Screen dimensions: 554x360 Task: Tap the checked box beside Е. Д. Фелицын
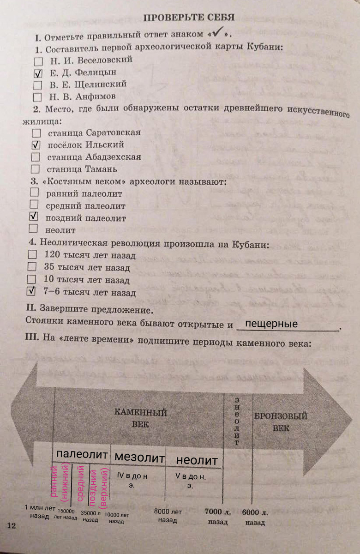tap(38, 73)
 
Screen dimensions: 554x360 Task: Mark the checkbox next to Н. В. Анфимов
tap(38, 97)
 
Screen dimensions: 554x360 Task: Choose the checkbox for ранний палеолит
tap(34, 193)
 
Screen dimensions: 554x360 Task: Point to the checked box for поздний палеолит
tap(33, 217)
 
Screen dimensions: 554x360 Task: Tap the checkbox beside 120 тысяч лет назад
tap(32, 254)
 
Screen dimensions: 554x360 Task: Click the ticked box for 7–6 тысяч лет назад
tap(31, 291)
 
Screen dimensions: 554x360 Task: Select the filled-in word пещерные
tap(271, 324)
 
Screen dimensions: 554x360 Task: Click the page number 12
tap(12, 525)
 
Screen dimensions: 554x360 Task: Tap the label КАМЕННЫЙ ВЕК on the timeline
tap(140, 418)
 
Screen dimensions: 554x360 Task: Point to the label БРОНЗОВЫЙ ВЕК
tap(281, 422)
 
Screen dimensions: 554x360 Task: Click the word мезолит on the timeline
tap(139, 458)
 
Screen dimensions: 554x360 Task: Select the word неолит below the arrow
tap(197, 461)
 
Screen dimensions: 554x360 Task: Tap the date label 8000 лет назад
tap(168, 516)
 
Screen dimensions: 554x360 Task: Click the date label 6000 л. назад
tap(255, 518)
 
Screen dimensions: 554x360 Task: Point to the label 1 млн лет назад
tap(40, 512)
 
